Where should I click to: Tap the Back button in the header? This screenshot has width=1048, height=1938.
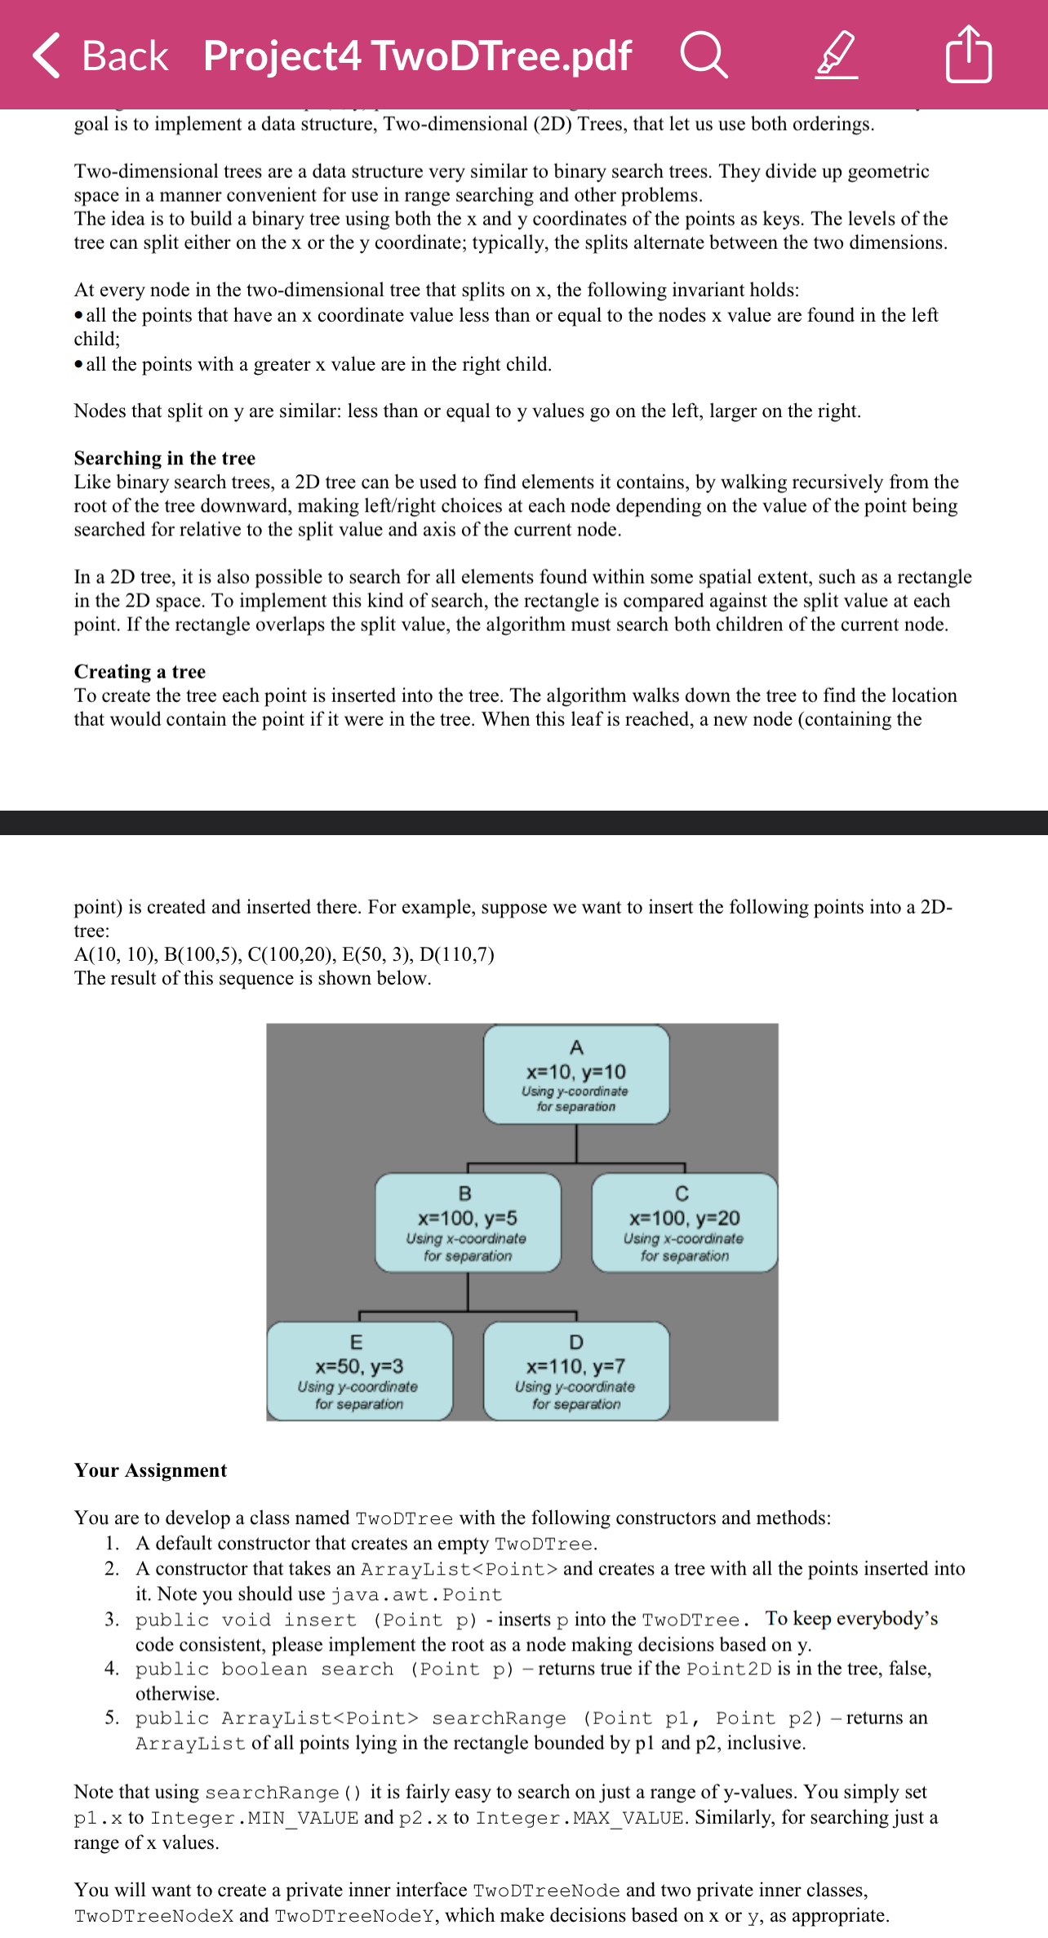coord(100,56)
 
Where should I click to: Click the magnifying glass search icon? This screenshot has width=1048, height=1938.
coord(703,55)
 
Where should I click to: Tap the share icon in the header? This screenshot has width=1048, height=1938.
coord(968,55)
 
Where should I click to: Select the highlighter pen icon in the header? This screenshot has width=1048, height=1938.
coord(837,56)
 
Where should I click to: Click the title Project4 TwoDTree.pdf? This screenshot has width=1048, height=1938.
coord(417,56)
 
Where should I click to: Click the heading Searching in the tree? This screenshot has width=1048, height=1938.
coord(164,458)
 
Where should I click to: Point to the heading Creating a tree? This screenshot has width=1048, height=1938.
coord(140,671)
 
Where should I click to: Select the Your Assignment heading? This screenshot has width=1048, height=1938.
coord(150,1470)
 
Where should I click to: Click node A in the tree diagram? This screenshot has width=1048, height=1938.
coord(576,1074)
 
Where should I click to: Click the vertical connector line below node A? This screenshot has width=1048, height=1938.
coord(576,1143)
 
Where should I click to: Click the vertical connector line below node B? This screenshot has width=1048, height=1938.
coord(468,1291)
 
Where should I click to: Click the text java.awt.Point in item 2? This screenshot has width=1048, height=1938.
coord(416,1594)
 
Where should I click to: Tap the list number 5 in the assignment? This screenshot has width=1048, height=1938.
coord(112,1718)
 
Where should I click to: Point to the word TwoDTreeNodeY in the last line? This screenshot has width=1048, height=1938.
coord(355,1916)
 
